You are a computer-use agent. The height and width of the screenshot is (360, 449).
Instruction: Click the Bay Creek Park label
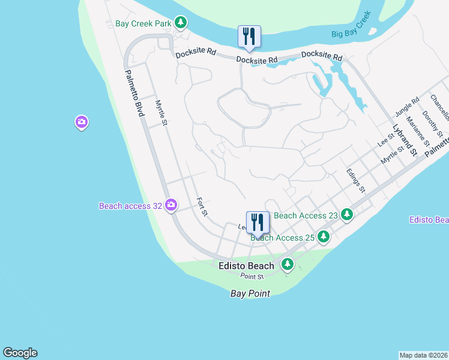(x=143, y=24)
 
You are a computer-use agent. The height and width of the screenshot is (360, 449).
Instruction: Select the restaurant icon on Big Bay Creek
(x=249, y=36)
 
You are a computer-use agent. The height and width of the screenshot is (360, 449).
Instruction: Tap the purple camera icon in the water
(x=82, y=123)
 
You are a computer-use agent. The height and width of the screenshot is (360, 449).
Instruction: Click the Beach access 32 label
(x=130, y=206)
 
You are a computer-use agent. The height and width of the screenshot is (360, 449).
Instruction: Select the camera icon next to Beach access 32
(x=171, y=206)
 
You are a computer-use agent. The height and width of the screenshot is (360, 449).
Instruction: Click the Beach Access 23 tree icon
(x=346, y=214)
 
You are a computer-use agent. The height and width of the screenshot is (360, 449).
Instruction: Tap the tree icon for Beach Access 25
(x=324, y=237)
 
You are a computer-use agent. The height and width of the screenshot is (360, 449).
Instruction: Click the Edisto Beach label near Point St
(x=246, y=265)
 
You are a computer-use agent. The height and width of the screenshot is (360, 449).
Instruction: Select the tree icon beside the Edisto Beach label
(x=288, y=264)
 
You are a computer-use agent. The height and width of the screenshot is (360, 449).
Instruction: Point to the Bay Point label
(x=250, y=293)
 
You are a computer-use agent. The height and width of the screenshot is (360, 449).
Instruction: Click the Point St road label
(x=252, y=277)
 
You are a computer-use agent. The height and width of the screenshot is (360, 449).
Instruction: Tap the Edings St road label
(x=356, y=180)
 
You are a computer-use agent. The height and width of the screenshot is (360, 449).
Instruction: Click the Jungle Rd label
(x=407, y=108)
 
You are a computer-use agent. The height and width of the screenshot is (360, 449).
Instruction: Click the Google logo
(x=20, y=353)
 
